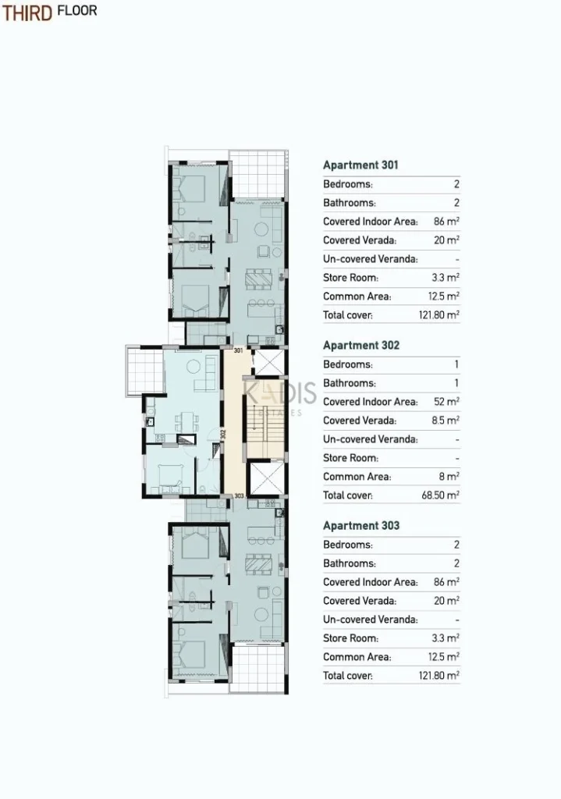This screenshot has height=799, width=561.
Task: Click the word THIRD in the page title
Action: [27, 12]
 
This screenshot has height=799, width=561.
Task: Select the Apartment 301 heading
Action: [360, 165]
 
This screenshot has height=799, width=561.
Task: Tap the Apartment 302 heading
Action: [360, 346]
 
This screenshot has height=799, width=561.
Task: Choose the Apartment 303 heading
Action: [360, 526]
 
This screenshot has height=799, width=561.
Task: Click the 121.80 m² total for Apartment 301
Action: [439, 315]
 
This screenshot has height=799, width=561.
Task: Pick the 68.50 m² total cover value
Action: [440, 495]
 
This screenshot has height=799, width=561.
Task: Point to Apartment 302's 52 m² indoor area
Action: [446, 402]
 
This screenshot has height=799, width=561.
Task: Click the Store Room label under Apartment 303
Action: [350, 638]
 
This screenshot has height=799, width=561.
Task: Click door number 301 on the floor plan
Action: [239, 350]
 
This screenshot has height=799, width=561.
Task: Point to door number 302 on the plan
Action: [222, 434]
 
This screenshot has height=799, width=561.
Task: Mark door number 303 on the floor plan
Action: [239, 495]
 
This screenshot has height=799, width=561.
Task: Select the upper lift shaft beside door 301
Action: [268, 362]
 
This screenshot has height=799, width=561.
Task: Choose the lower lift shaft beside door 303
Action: [265, 479]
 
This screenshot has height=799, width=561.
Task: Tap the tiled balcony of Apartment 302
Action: [144, 370]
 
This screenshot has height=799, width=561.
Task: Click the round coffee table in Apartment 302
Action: [194, 367]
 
